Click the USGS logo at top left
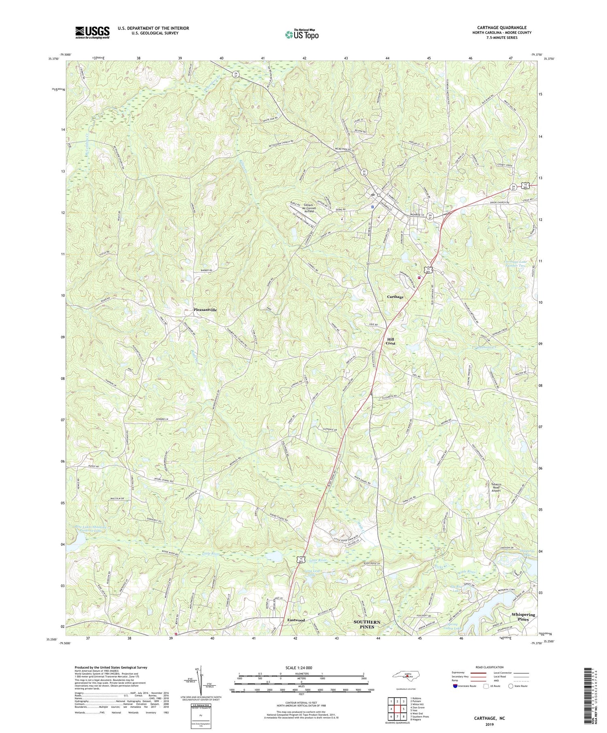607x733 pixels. click(x=92, y=32)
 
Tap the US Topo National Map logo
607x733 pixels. click(x=301, y=35)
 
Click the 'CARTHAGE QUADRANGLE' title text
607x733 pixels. click(x=501, y=27)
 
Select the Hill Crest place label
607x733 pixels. click(x=390, y=341)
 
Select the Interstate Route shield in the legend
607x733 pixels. click(x=456, y=686)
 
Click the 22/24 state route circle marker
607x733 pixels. click(x=365, y=173)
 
